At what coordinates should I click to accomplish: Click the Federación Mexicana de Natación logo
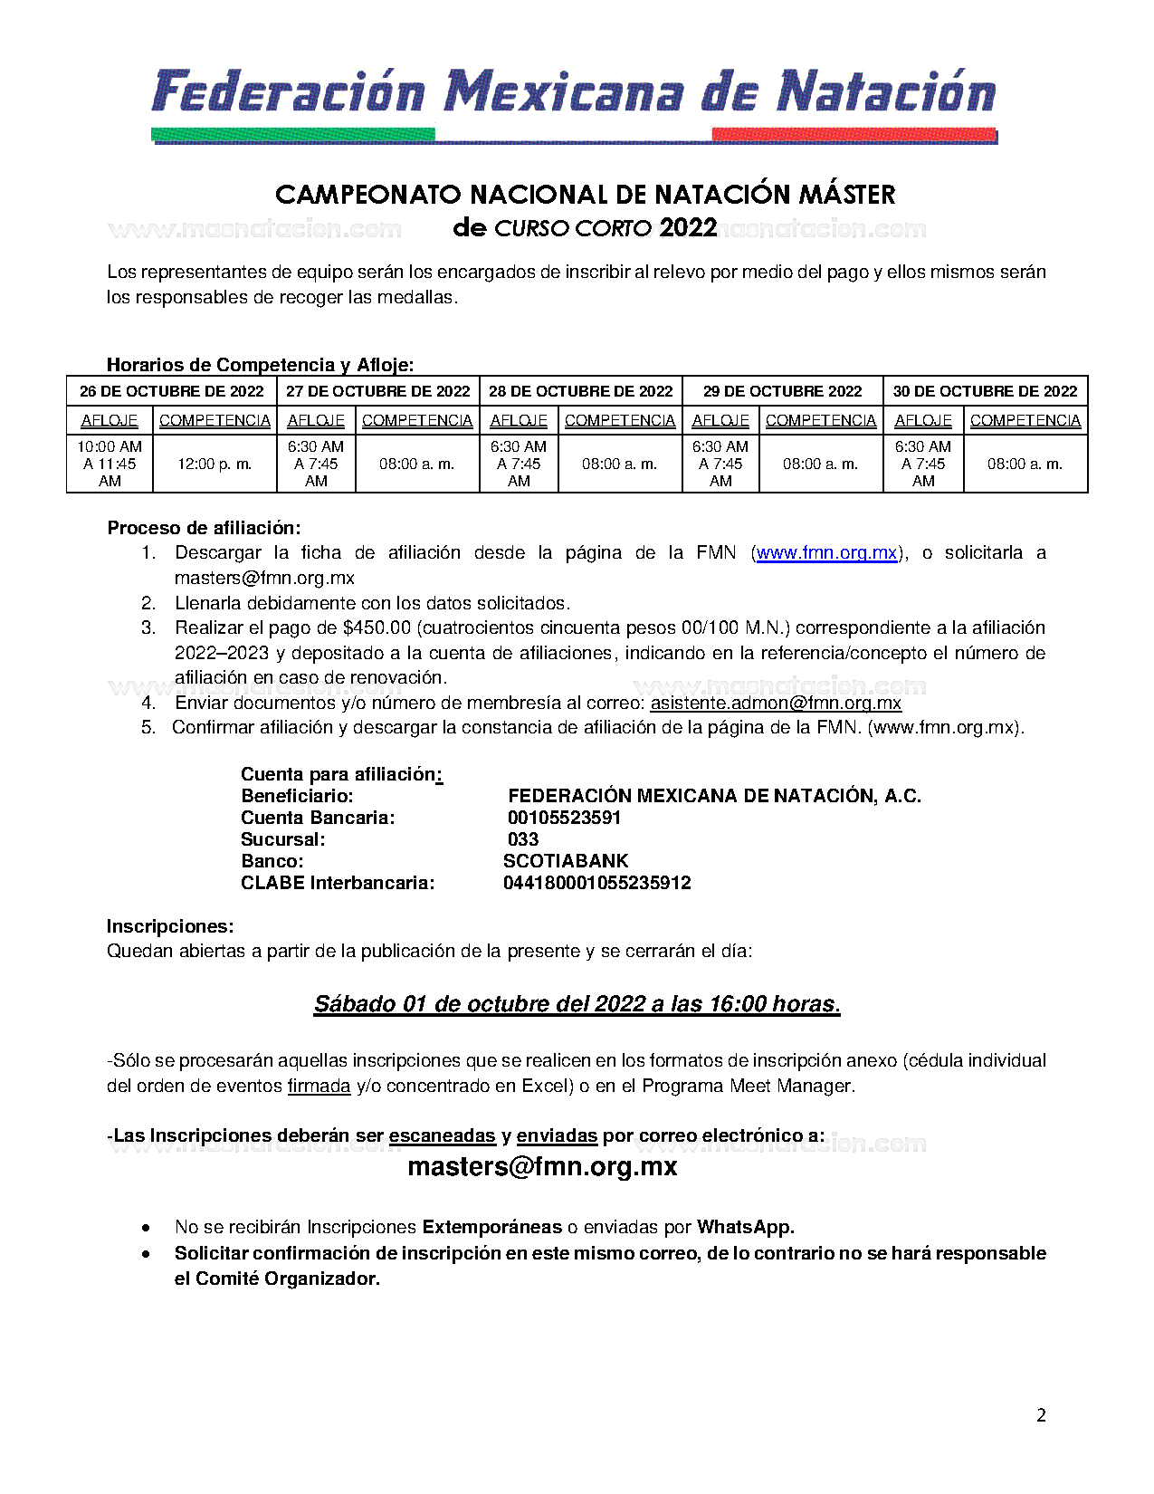[575, 102]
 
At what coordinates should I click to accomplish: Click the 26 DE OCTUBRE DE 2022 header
[171, 391]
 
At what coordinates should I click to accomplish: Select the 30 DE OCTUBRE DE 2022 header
[985, 391]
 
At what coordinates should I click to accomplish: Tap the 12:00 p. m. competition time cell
[215, 464]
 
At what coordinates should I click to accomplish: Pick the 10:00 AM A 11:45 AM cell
[110, 464]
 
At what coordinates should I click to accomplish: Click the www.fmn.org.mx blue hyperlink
[826, 552]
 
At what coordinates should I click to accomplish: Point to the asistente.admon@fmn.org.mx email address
[776, 703]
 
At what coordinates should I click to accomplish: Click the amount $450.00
[377, 627]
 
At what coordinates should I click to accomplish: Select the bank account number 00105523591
[564, 818]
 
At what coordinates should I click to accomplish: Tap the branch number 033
[523, 839]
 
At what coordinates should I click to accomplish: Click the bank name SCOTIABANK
[566, 861]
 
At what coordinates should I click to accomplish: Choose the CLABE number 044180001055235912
[597, 883]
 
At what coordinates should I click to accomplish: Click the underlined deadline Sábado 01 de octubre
[577, 1004]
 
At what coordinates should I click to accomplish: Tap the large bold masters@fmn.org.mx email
[542, 1166]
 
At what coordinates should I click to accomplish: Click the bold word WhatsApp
[745, 1227]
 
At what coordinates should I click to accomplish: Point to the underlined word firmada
[319, 1086]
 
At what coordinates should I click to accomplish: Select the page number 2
[1041, 1415]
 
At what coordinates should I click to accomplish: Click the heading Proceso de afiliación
[204, 528]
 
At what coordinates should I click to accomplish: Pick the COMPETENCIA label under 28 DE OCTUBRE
[620, 420]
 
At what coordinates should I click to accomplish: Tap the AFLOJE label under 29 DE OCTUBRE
[720, 420]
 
